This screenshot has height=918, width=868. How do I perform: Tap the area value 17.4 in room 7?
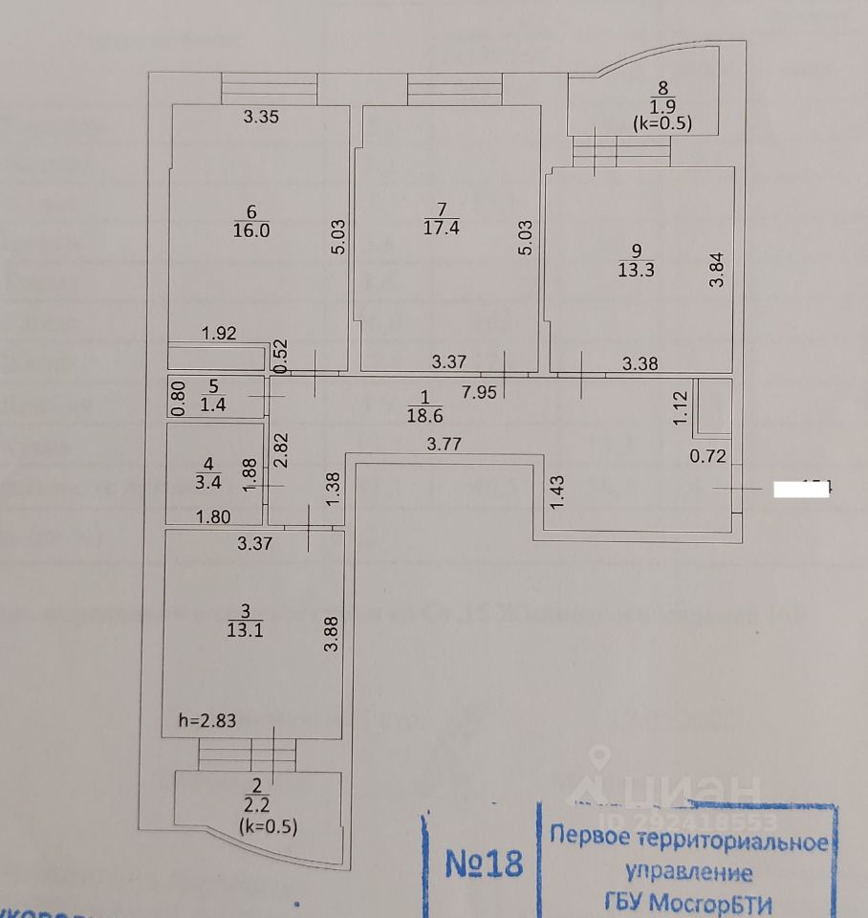point(441,227)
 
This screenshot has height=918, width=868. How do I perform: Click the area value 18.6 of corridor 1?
point(425,416)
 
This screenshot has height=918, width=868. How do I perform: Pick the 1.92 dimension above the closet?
point(219,334)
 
